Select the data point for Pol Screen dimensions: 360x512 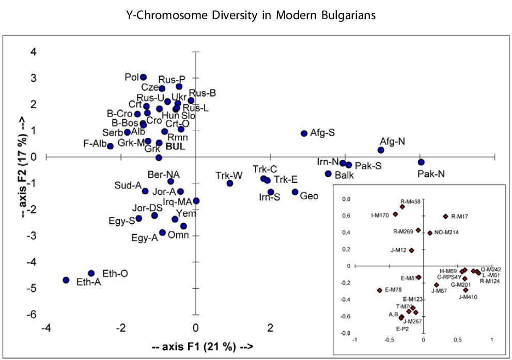pyautogui.click(x=143, y=77)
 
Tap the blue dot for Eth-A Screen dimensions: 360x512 pyautogui.click(x=66, y=280)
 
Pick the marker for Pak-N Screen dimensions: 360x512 pyautogui.click(x=421, y=162)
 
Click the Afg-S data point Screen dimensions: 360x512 pyautogui.click(x=304, y=133)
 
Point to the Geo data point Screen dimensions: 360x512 pyautogui.click(x=295, y=192)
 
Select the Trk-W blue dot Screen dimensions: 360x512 pyautogui.click(x=230, y=183)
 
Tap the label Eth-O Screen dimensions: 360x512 pyautogui.click(x=115, y=273)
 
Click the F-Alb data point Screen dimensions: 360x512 pyautogui.click(x=110, y=146)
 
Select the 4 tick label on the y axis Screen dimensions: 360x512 pyautogui.click(x=33, y=52)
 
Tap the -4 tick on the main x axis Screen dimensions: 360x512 pyautogui.click(x=46, y=328)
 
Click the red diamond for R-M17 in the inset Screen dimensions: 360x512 pyautogui.click(x=445, y=216)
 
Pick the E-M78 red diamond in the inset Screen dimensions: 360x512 pyautogui.click(x=380, y=290)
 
